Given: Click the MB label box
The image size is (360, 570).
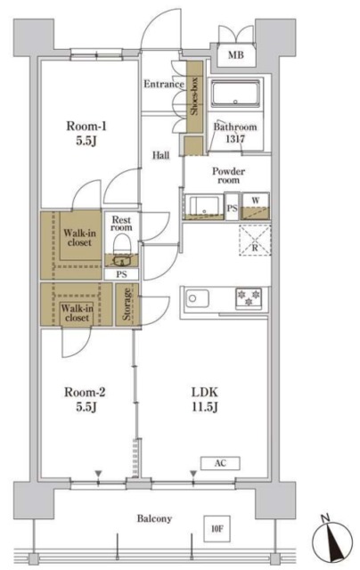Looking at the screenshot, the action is point(236,55).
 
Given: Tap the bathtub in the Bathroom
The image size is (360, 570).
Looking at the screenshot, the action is point(235,94).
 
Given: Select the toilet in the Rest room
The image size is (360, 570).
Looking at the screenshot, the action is point(122,243).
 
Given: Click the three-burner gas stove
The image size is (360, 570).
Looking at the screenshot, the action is point(250,298).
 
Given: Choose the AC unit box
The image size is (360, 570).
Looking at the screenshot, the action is point(220,463).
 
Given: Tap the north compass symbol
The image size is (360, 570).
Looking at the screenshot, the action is point(332,538).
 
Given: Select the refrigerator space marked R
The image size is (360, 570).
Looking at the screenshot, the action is point(255,240).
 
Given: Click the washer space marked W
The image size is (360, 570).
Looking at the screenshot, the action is point(256,206).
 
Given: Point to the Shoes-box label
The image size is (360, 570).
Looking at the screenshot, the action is point(194,96).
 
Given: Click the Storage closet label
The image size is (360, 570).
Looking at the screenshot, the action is point(127,304).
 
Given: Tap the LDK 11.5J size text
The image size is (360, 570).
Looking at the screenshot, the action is point(205,400).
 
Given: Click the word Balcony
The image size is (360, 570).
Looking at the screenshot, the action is point(154,518).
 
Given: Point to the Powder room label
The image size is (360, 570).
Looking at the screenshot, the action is point(228,175).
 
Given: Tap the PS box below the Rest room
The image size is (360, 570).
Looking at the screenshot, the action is point(122,274).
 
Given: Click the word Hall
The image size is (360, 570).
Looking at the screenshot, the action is point(160,156).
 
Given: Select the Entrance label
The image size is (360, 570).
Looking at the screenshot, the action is point(164,84).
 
